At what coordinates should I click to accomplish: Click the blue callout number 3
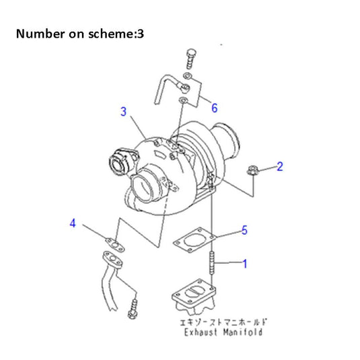(x=124, y=112)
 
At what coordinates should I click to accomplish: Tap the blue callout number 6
(x=214, y=108)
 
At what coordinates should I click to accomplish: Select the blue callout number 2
(x=280, y=166)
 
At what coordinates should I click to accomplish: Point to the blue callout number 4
(x=73, y=223)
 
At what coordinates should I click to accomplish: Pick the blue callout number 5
(x=244, y=230)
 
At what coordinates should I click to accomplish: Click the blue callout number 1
(x=244, y=264)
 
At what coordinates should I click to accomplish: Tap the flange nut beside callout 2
(x=253, y=172)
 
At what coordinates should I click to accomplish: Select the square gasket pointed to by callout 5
(x=194, y=240)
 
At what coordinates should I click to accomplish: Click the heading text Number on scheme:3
(x=79, y=33)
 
